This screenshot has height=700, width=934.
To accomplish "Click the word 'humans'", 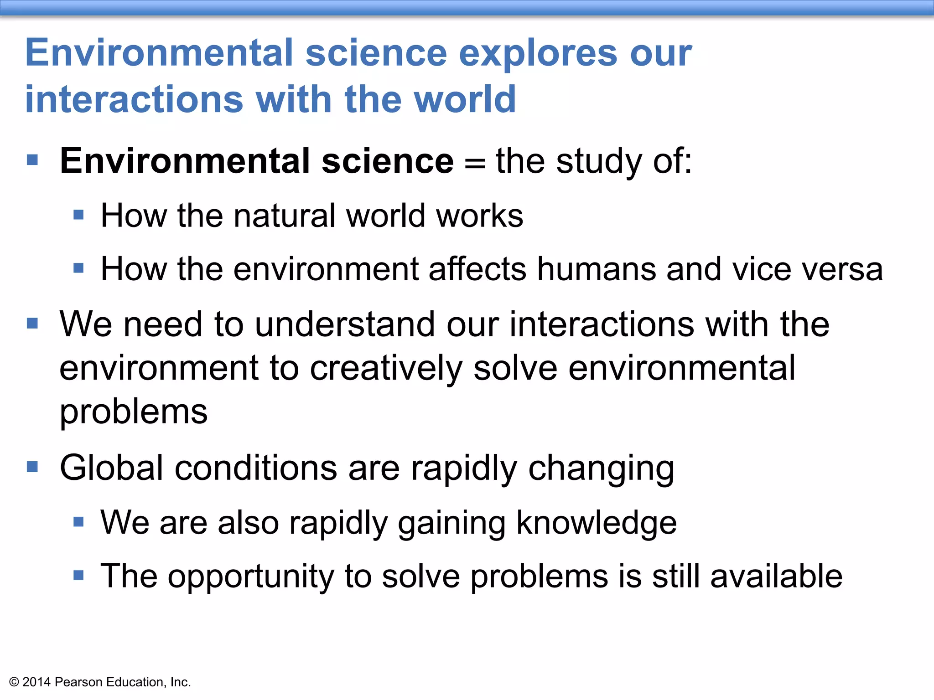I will pyautogui.click(x=597, y=269).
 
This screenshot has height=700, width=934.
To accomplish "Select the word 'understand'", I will pyautogui.click(x=344, y=324).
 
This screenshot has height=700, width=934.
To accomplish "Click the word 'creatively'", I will pyautogui.click(x=386, y=368).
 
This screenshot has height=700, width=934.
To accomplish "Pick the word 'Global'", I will pyautogui.click(x=111, y=468).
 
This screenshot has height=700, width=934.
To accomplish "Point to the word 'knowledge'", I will pyautogui.click(x=597, y=522).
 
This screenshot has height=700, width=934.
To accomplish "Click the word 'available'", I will pyautogui.click(x=776, y=576).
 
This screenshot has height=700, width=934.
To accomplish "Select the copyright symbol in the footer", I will pyautogui.click(x=14, y=682).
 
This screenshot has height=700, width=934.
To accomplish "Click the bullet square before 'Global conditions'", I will pyautogui.click(x=32, y=467).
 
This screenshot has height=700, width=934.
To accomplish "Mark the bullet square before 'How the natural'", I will pyautogui.click(x=78, y=215).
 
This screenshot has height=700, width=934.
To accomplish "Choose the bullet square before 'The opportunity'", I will pyautogui.click(x=78, y=575).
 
